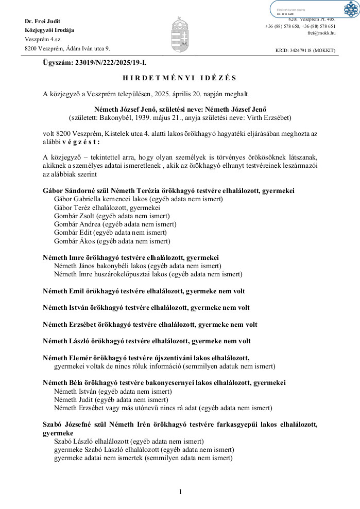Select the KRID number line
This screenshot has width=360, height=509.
click(x=305, y=50)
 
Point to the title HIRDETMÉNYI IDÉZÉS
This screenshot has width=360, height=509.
click(x=180, y=78)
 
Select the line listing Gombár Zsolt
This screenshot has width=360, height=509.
click(x=112, y=216)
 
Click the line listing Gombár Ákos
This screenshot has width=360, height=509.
click(x=112, y=240)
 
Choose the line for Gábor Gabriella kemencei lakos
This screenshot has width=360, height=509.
click(x=138, y=199)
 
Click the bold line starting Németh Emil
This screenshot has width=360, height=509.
click(x=144, y=291)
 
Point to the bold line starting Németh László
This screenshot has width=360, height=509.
click(x=147, y=341)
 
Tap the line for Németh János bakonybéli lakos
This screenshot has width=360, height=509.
click(x=138, y=266)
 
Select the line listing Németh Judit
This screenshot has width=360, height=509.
click(x=111, y=399)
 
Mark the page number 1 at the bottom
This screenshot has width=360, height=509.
click(x=180, y=492)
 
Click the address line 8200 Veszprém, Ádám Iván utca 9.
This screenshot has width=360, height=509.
click(x=67, y=49)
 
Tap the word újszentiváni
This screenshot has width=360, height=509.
click(x=173, y=358)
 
